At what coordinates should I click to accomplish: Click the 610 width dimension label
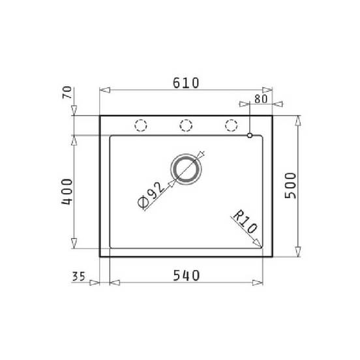point(186,83)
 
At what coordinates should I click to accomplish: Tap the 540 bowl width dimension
point(187,275)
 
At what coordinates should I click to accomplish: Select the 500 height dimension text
point(290,185)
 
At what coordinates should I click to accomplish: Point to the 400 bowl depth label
point(67,192)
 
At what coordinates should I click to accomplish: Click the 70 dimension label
point(67,93)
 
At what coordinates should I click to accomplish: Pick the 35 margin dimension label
point(78,277)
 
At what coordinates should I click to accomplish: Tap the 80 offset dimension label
point(261,99)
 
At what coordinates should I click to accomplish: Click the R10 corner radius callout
point(245,222)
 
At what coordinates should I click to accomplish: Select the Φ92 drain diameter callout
point(151,195)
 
